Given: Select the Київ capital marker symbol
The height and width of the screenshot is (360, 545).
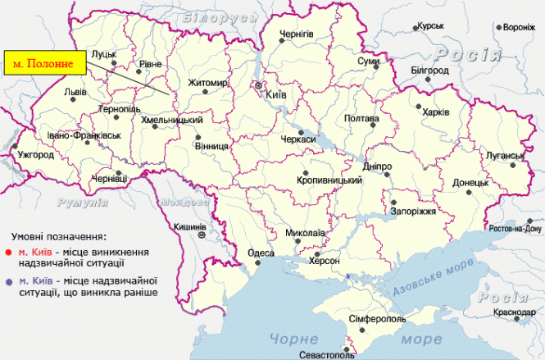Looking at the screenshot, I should [x=259, y=84].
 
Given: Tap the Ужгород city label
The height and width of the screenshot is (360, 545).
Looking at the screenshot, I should [x=34, y=155].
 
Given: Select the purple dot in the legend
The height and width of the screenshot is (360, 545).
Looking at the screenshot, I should [x=7, y=282].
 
